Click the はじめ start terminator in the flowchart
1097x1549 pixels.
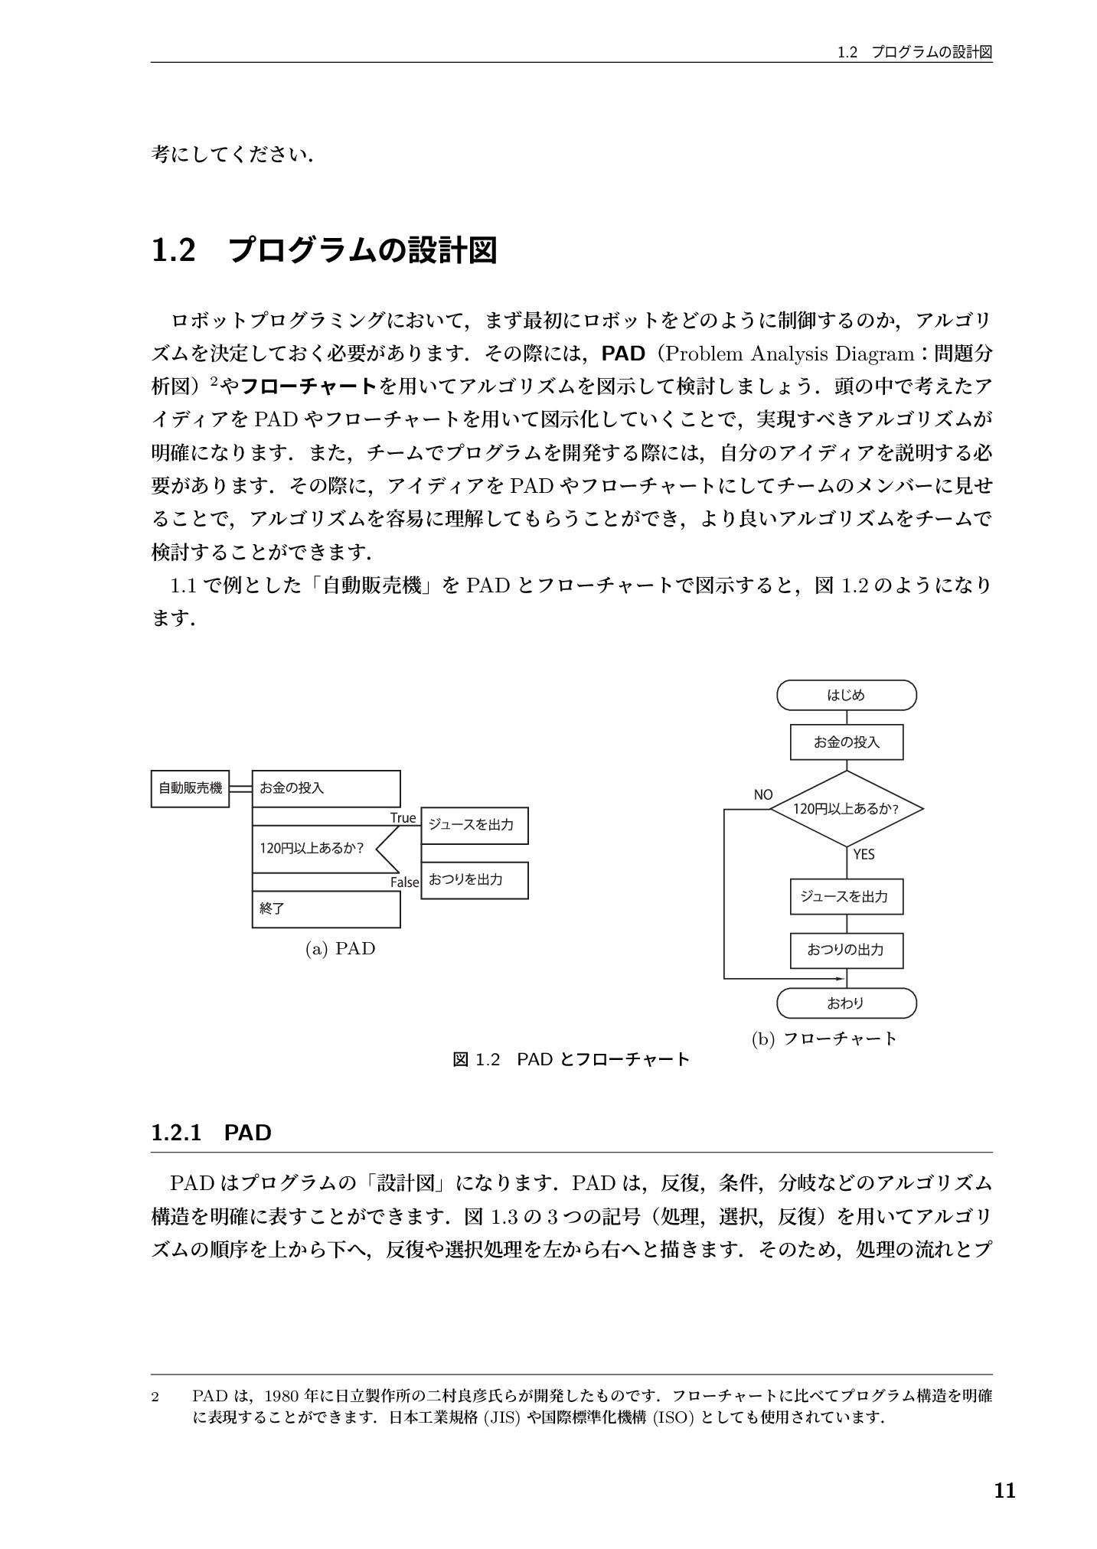[x=846, y=696]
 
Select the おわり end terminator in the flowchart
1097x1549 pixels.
[x=846, y=1003]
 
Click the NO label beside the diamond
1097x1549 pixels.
[x=763, y=794]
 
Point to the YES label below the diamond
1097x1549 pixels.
[x=864, y=854]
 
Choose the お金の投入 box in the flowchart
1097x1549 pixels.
[x=846, y=742]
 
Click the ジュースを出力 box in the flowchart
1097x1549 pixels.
[x=846, y=896]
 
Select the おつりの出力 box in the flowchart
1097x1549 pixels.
[x=846, y=950]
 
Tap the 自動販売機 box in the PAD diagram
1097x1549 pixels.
[x=190, y=788]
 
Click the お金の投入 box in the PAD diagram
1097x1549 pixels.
[x=326, y=788]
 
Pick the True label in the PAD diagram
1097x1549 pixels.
[x=403, y=817]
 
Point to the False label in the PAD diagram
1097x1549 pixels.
[x=405, y=882]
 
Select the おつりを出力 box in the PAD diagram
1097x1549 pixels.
[x=474, y=880]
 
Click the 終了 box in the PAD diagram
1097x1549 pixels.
[x=326, y=908]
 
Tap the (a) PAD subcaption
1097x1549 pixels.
[x=340, y=949]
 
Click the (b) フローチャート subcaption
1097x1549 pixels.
[x=824, y=1039]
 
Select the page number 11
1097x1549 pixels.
[x=1004, y=1491]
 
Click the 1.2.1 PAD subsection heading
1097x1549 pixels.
[x=211, y=1133]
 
